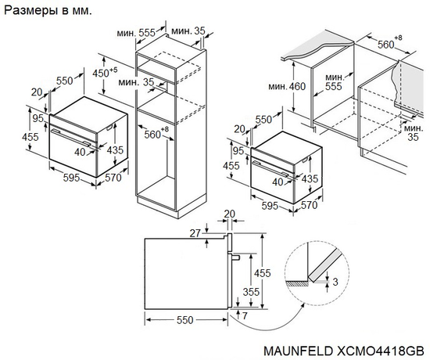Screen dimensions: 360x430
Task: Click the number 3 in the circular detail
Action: pos(334,281)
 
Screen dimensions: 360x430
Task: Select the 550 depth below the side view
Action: pos(185,322)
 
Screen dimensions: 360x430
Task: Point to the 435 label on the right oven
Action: pos(310,178)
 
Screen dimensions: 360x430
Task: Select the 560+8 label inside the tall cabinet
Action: pos(156,133)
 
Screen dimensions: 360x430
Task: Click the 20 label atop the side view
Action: pos(228,214)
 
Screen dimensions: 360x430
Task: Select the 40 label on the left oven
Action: pos(79,153)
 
